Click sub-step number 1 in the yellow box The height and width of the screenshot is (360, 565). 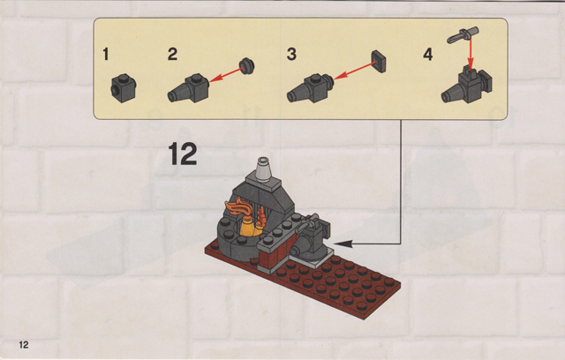[x=106, y=55]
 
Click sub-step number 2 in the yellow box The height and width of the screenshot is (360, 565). [x=173, y=55]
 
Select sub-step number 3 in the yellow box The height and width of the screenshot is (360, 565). [x=291, y=55]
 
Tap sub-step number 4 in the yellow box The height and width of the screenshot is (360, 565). [x=427, y=55]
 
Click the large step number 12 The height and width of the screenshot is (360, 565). [x=183, y=154]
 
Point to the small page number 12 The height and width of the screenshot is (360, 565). [x=24, y=345]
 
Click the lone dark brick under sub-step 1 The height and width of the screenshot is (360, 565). [x=124, y=88]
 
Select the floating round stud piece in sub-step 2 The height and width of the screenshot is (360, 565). [x=247, y=65]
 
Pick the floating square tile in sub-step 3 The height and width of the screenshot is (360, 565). [x=379, y=61]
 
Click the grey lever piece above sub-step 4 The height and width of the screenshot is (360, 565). [x=463, y=35]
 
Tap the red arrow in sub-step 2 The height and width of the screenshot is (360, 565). [x=225, y=74]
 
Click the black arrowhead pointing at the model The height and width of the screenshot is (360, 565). [x=343, y=244]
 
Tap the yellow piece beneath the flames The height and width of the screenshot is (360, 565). [x=246, y=228]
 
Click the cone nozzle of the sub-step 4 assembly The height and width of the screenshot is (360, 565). [x=452, y=94]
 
